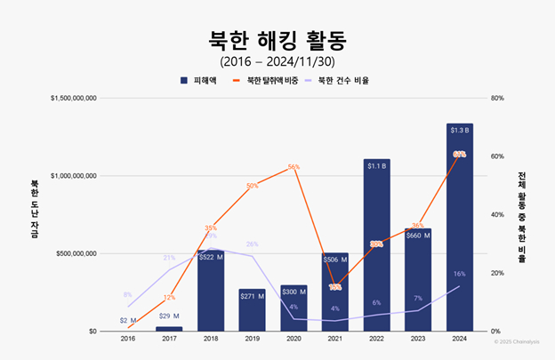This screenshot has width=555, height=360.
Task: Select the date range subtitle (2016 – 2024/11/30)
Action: pyautogui.click(x=277, y=61)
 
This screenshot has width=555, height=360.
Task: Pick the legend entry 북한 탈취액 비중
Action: pyautogui.click(x=268, y=80)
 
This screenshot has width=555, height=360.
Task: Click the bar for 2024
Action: pyautogui.click(x=459, y=231)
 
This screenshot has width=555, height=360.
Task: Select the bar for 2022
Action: pyautogui.click(x=376, y=249)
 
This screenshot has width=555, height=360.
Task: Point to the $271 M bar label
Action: pyautogui.click(x=252, y=295)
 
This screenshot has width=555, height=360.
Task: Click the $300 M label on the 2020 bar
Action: pyautogui.click(x=294, y=292)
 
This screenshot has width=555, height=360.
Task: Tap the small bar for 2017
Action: pyautogui.click(x=169, y=328)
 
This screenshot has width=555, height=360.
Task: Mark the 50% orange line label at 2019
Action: pyautogui.click(x=252, y=186)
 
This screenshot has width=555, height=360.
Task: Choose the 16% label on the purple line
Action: pyautogui.click(x=459, y=274)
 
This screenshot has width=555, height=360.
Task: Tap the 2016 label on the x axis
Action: pyautogui.click(x=127, y=339)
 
